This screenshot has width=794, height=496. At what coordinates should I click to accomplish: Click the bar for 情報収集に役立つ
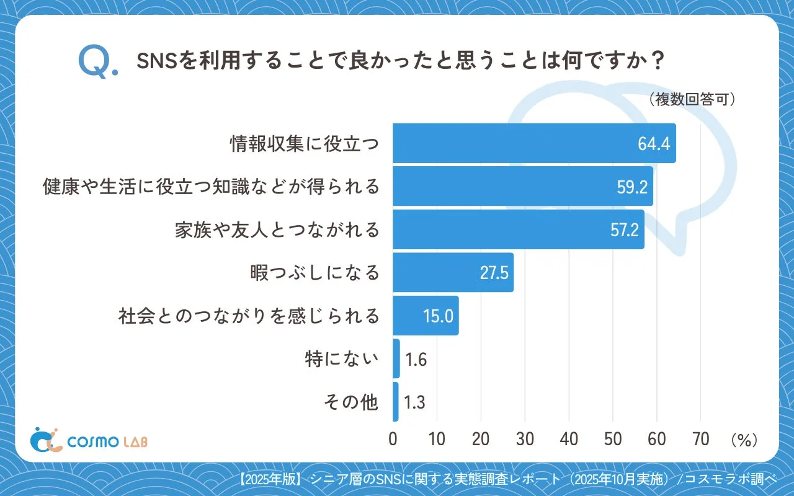click(x=533, y=143)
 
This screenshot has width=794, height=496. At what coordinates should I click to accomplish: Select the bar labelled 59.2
click(x=522, y=186)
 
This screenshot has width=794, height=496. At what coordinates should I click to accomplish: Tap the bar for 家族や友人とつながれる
click(x=518, y=229)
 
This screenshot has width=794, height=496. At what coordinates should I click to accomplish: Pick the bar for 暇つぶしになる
click(x=453, y=273)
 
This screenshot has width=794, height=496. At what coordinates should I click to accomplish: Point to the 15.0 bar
click(x=426, y=316)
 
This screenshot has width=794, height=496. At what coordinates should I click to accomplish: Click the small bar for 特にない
click(x=396, y=359)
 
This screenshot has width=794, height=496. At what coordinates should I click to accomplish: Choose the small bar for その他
click(x=396, y=402)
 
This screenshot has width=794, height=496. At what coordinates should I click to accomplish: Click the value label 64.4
click(x=654, y=144)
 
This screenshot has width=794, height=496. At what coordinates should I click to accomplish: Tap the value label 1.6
click(x=416, y=360)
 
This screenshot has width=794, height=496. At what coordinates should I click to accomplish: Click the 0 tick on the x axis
click(x=393, y=439)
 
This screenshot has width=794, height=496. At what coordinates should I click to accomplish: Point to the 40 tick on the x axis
click(x=569, y=439)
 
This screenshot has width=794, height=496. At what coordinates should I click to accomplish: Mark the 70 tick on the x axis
click(x=700, y=439)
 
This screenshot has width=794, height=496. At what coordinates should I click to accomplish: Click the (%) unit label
click(x=744, y=440)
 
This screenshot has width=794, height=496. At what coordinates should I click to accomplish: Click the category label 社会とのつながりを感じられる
click(x=249, y=316)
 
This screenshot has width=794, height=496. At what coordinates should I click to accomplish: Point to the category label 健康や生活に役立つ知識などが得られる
click(x=211, y=187)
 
